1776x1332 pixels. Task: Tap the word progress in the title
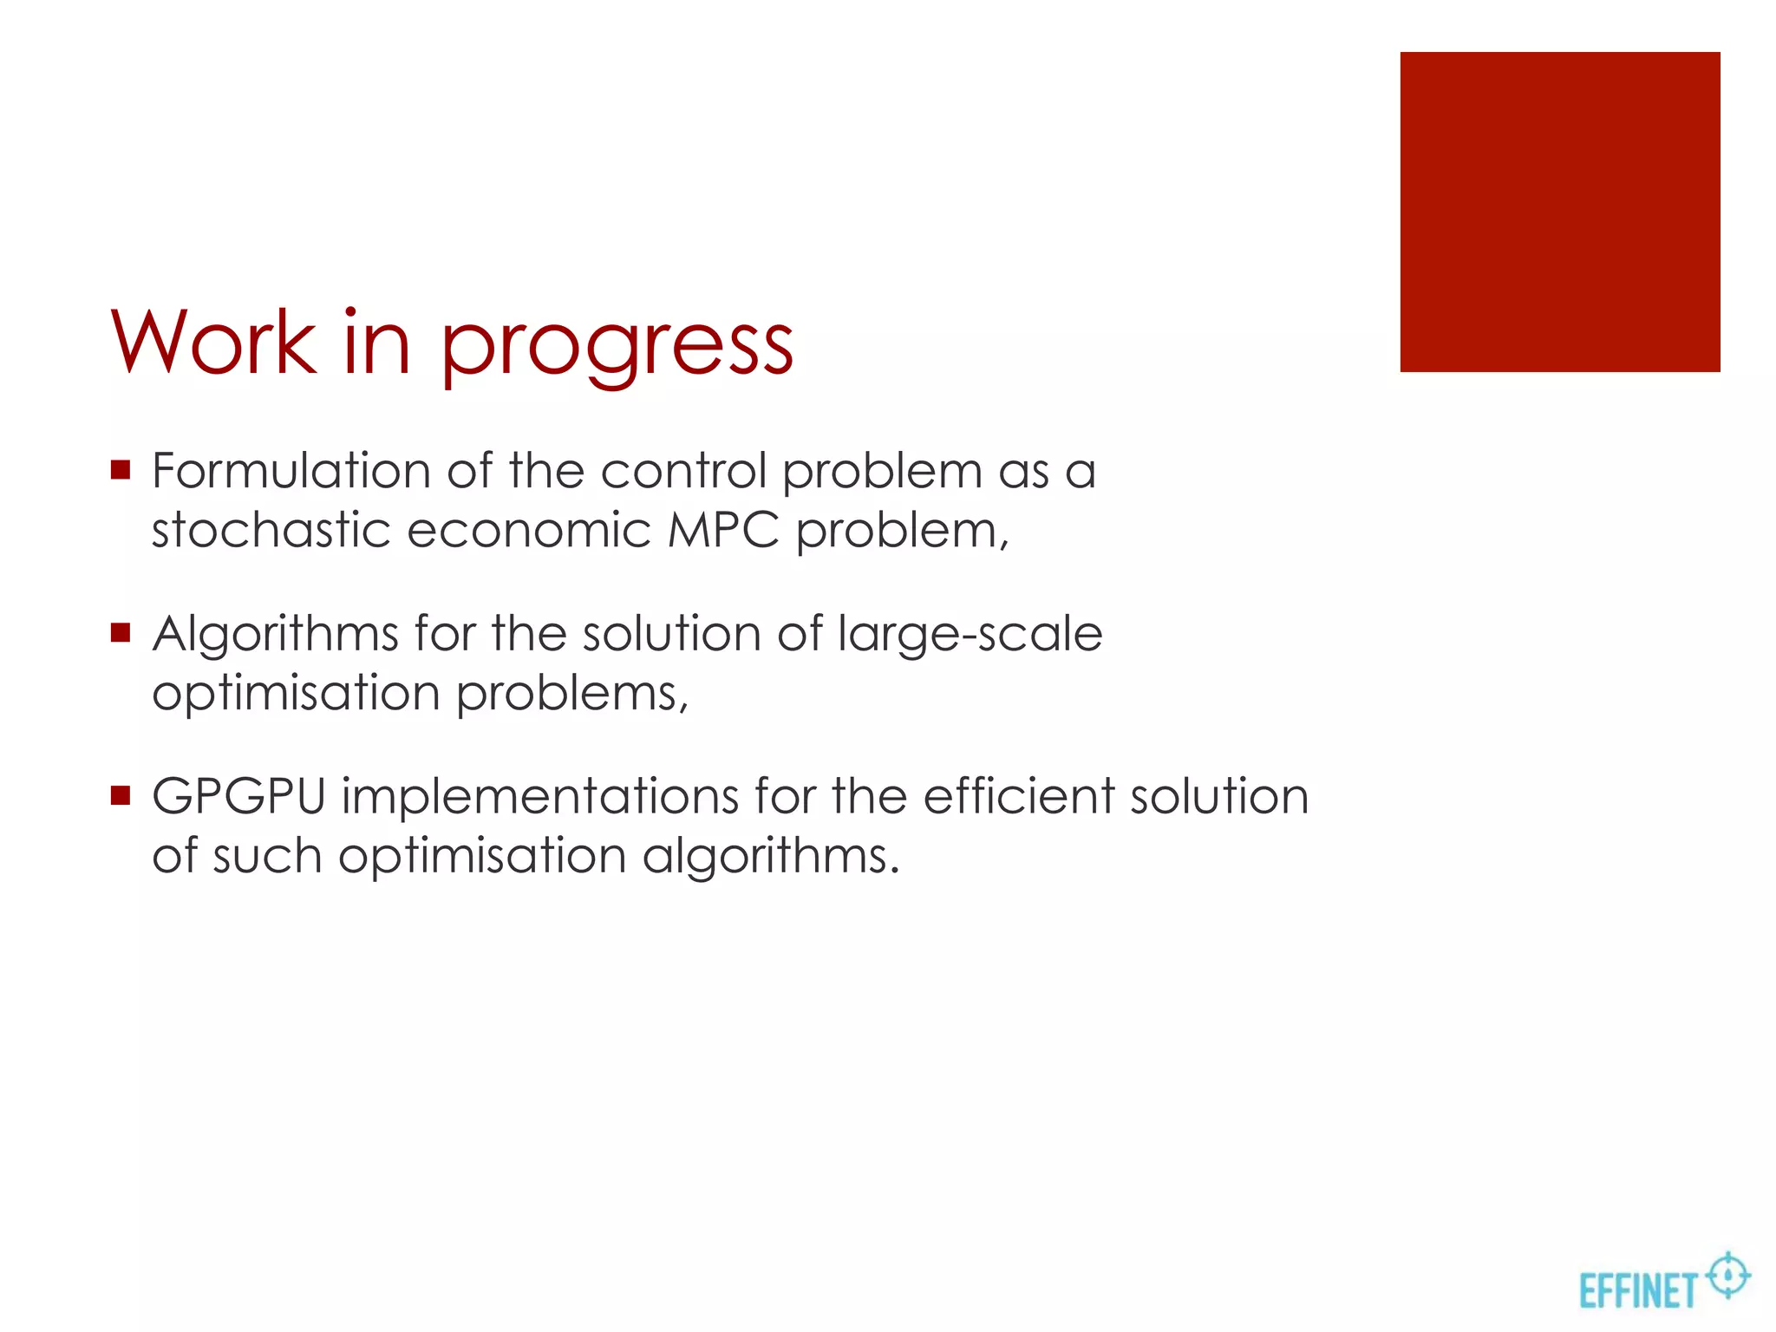(617, 345)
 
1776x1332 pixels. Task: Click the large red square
(1559, 212)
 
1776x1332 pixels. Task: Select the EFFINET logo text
(1636, 1290)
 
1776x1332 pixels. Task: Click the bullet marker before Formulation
(121, 471)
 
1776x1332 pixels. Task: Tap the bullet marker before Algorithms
(121, 634)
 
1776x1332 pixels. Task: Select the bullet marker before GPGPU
(121, 796)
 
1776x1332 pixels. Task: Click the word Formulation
(291, 471)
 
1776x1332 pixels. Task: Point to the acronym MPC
(723, 530)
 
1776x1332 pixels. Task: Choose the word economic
(528, 530)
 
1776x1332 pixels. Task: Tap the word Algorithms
(275, 634)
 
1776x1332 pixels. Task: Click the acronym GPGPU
(238, 796)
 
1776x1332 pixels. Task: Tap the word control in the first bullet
(683, 471)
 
